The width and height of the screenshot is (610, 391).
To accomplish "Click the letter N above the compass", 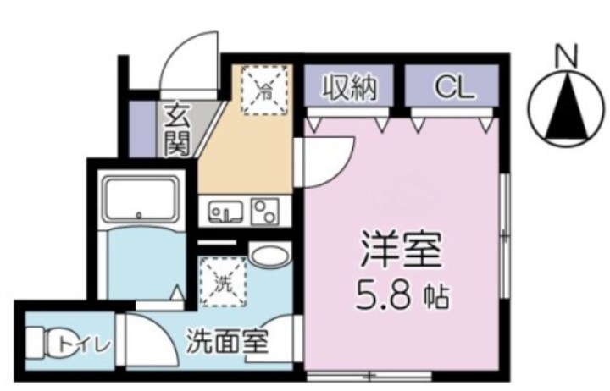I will [566, 57].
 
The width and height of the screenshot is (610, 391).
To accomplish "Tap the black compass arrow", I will [565, 108].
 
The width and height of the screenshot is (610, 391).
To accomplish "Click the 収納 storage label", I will [347, 87].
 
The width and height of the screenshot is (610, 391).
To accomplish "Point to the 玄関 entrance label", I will [176, 128].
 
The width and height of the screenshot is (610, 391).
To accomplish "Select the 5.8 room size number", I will [386, 296].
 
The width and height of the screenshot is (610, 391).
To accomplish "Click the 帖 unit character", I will [438, 299].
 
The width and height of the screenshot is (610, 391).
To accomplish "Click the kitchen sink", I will [225, 212].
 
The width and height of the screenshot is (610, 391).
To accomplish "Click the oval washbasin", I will [269, 255].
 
